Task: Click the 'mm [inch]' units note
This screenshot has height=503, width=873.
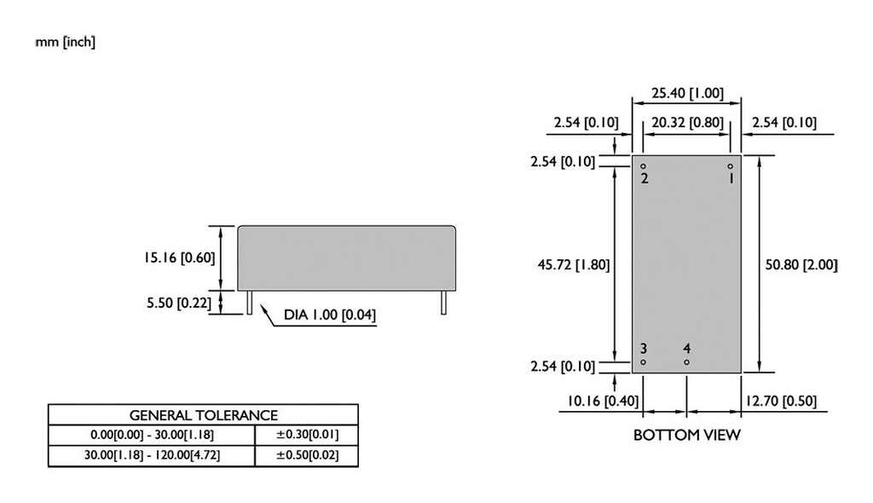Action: point(66,42)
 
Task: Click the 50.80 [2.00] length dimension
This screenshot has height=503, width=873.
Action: point(801,265)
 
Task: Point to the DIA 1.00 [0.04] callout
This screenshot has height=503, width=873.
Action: point(330,315)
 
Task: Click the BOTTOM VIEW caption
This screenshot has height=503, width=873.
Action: point(686,436)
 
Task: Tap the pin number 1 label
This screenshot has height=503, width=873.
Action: point(731,178)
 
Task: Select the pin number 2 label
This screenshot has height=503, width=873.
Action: point(645,178)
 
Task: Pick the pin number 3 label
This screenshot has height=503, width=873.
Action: point(644,349)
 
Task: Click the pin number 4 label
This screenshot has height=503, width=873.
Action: point(686,349)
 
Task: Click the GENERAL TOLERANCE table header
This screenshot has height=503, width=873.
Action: point(203,415)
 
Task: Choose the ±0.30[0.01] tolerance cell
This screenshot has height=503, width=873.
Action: point(306,435)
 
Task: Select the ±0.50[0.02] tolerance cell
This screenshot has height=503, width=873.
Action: point(306,455)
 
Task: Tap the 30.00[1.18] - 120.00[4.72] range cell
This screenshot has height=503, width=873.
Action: point(152,455)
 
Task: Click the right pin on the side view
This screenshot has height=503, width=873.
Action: point(443,303)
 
